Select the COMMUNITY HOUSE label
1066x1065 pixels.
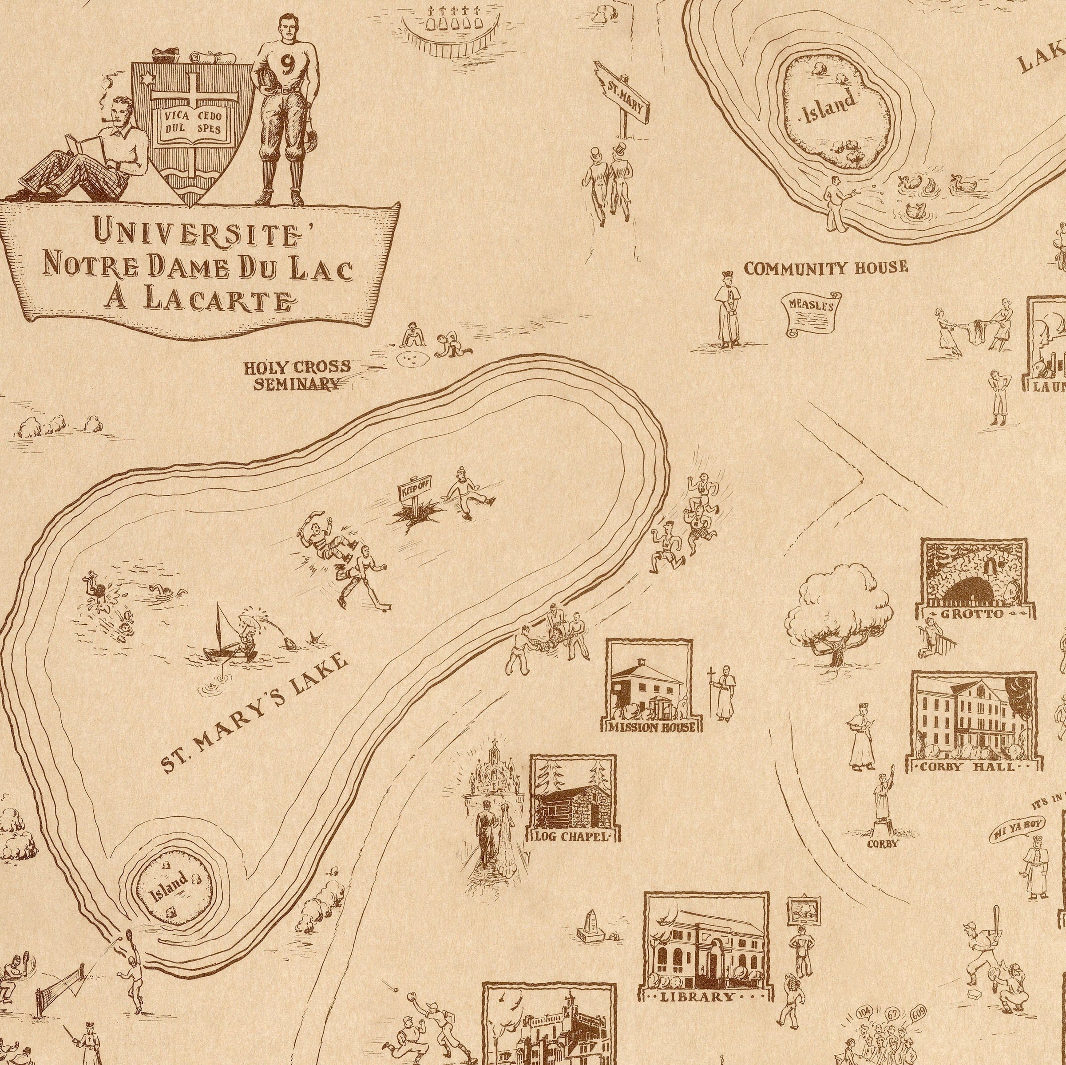tap(825, 268)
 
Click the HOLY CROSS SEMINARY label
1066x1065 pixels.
tap(297, 375)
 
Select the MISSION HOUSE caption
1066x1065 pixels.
tap(651, 727)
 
